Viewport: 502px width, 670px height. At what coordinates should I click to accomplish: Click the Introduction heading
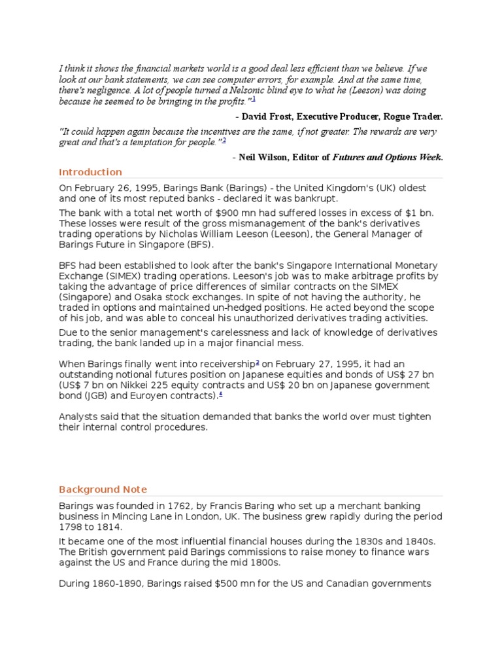[x=90, y=172]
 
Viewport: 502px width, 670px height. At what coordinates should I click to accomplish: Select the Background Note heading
[x=103, y=489]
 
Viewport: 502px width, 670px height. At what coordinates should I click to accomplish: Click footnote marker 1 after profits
[x=254, y=99]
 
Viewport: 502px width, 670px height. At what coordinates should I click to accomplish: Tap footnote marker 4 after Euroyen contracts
[x=221, y=394]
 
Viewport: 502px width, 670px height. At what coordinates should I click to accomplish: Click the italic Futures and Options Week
[x=387, y=157]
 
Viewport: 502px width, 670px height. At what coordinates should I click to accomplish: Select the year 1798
[x=71, y=527]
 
